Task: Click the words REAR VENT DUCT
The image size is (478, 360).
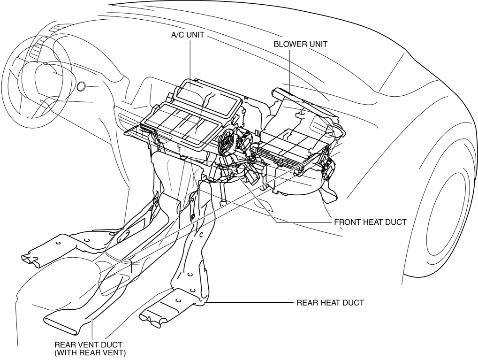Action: (x=88, y=345)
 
